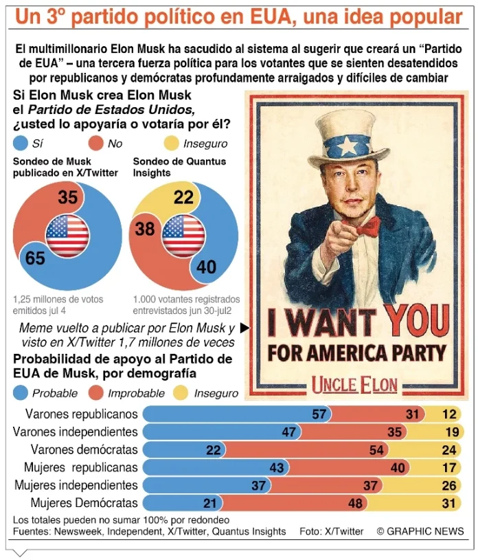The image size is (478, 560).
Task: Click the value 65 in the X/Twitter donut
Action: (x=35, y=258)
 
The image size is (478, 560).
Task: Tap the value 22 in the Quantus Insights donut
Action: (x=183, y=198)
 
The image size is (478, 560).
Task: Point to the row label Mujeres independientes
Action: (x=76, y=485)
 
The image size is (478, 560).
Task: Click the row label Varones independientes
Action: (x=76, y=432)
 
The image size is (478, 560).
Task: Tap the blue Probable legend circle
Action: (x=20, y=393)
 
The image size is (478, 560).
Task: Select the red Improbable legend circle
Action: (x=96, y=393)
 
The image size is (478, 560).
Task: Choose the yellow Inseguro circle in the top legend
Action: (x=172, y=144)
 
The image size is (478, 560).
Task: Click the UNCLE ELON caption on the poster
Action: (x=354, y=384)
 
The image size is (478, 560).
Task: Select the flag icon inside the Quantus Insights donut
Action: (x=183, y=235)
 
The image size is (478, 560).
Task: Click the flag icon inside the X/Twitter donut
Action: (x=67, y=235)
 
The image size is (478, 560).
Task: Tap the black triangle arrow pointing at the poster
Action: (x=244, y=328)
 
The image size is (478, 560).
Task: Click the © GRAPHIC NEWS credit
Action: (x=420, y=531)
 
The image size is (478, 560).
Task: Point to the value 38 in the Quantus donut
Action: (x=144, y=228)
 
